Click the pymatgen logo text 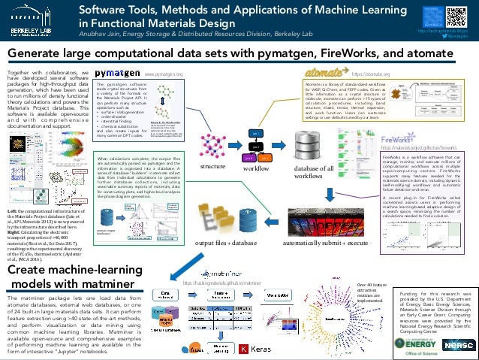tap(116, 74)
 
